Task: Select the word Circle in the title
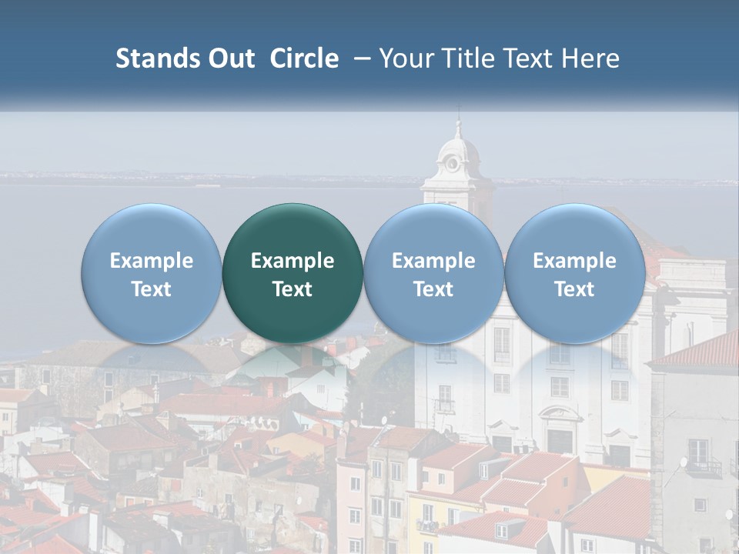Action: (304, 58)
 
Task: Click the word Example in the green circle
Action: (293, 261)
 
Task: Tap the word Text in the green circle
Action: (293, 289)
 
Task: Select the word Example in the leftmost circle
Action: (151, 261)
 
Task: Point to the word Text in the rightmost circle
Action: (574, 289)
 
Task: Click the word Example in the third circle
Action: (433, 261)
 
